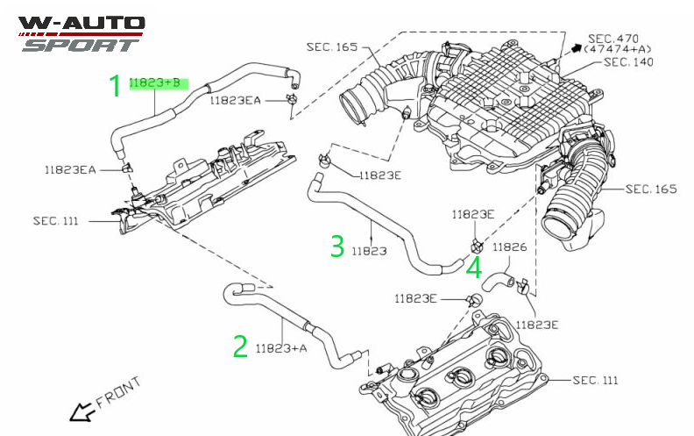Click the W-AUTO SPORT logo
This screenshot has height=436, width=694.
point(81,34)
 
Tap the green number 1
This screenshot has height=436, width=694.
point(115,85)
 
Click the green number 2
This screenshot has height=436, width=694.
point(240,346)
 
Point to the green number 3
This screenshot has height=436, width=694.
point(337,246)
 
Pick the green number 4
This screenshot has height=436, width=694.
point(474,268)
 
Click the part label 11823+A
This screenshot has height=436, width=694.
point(281,348)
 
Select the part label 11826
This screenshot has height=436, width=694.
point(510,247)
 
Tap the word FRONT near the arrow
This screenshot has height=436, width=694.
point(118,393)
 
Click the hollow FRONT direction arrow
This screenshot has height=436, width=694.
point(81,412)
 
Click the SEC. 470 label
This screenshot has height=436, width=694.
point(613,39)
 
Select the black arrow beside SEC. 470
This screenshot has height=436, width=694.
point(576,48)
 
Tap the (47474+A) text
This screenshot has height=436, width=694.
point(618,50)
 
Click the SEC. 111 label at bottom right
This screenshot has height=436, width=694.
point(595,380)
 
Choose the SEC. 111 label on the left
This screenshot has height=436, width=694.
point(56,221)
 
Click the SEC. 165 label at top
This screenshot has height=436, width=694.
point(332,47)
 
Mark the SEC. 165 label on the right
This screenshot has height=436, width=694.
point(651,189)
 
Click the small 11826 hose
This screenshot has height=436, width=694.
point(497,282)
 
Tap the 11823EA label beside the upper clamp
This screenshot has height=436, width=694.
point(235,101)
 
